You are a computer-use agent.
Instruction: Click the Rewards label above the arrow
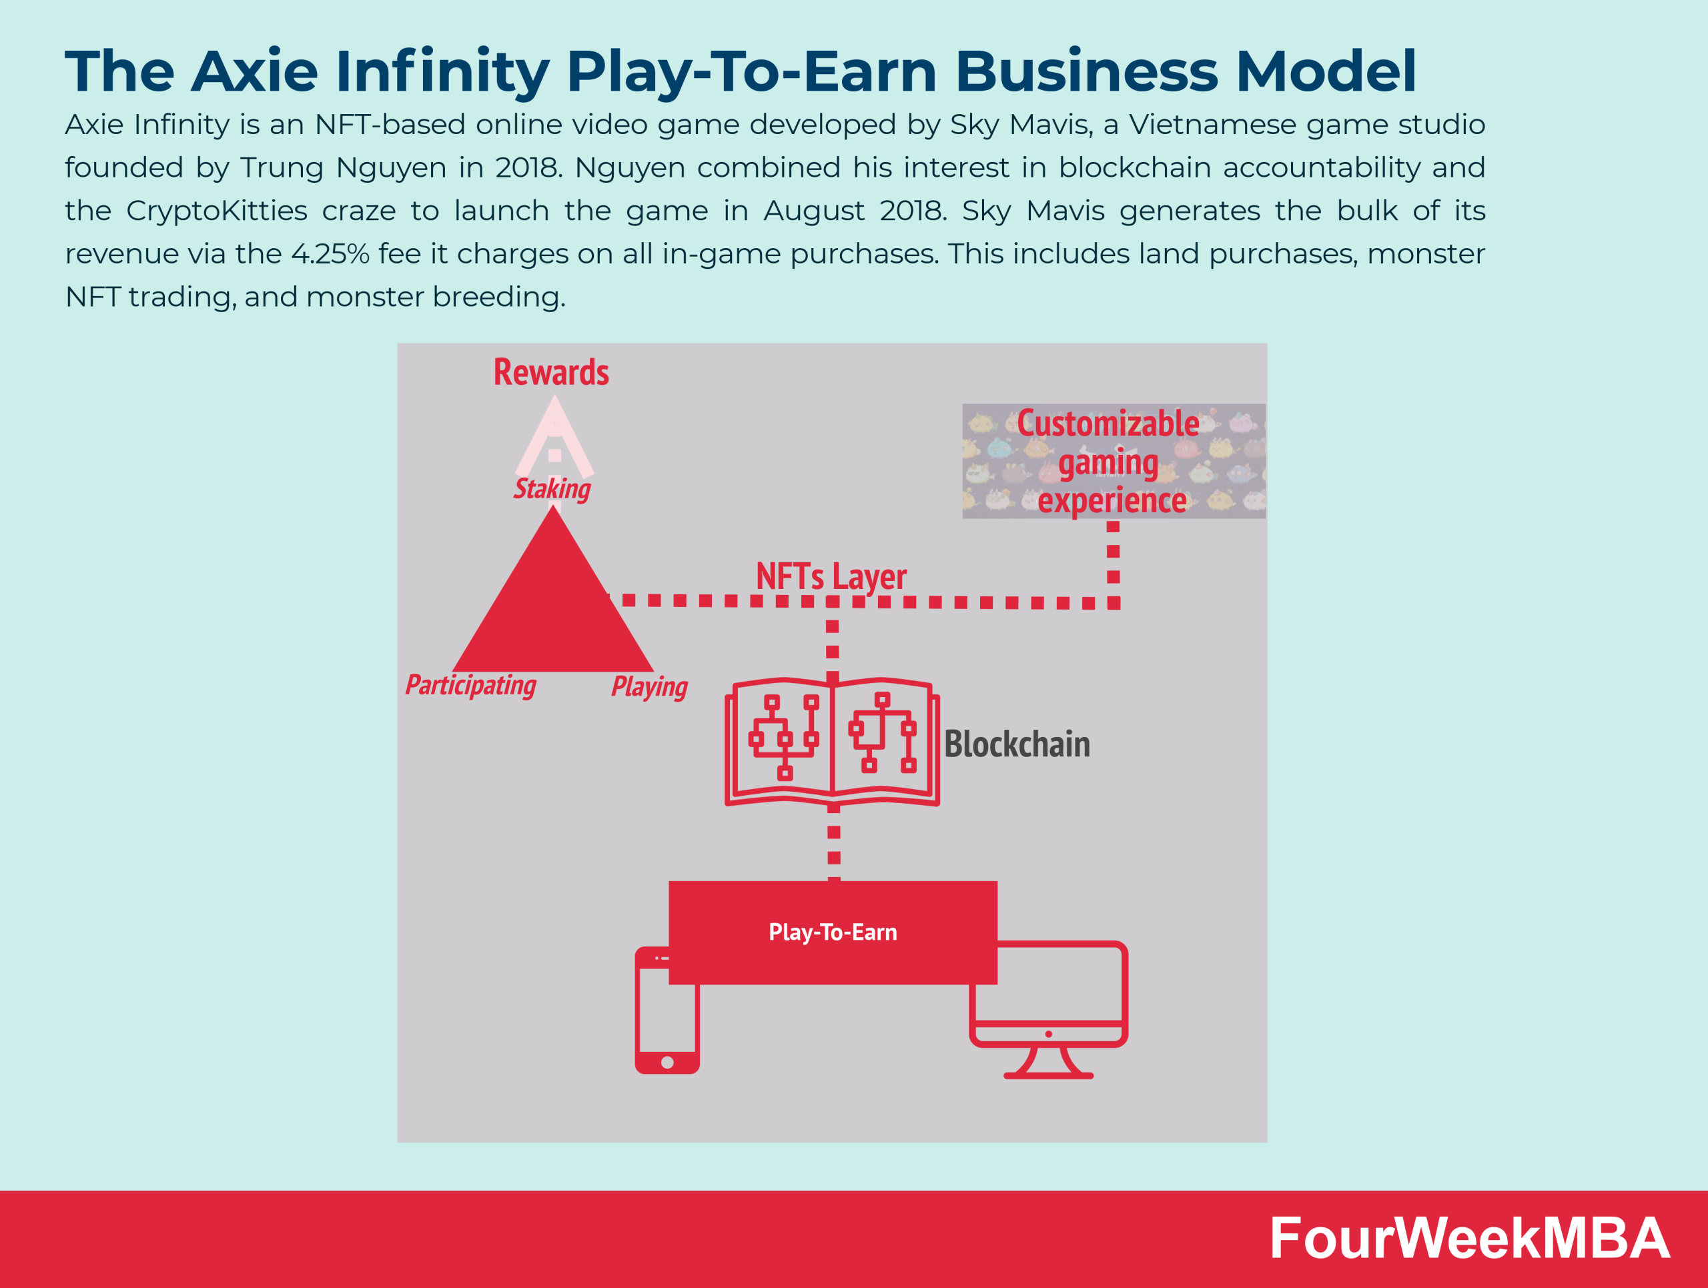pyautogui.click(x=551, y=372)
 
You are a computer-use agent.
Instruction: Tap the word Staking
pyautogui.click(x=552, y=488)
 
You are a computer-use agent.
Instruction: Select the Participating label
pyautogui.click(x=470, y=685)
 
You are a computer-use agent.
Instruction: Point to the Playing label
pyautogui.click(x=649, y=686)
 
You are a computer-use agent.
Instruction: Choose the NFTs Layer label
pyautogui.click(x=831, y=576)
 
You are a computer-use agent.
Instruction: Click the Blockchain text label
pyautogui.click(x=1017, y=744)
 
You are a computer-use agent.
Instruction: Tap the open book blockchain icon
pyautogui.click(x=833, y=742)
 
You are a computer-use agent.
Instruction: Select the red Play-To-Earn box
pyautogui.click(x=833, y=932)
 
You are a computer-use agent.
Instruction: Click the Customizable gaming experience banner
pyautogui.click(x=1114, y=462)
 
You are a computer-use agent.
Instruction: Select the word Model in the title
pyautogui.click(x=1326, y=71)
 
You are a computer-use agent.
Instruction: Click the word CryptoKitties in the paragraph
pyautogui.click(x=217, y=211)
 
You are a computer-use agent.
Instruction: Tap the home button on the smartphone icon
pyautogui.click(x=667, y=1063)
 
